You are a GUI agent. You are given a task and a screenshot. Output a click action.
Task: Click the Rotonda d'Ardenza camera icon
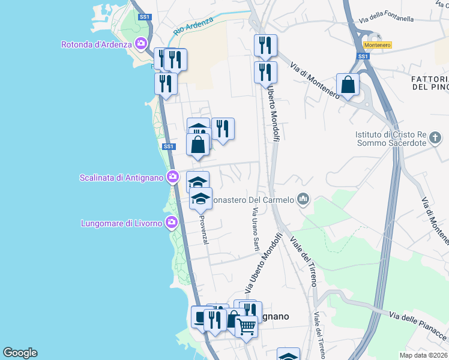pyautogui.click(x=142, y=43)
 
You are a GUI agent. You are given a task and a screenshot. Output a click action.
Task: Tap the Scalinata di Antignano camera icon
pyautogui.click(x=173, y=176)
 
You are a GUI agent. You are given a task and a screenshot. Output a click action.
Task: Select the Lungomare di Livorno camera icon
pyautogui.click(x=172, y=223)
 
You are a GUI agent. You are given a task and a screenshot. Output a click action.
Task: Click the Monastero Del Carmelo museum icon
pyautogui.click(x=303, y=199)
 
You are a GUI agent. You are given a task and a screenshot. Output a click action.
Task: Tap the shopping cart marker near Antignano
pyautogui.click(x=246, y=328)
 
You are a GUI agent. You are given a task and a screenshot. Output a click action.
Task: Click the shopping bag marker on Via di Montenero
pyautogui.click(x=348, y=85)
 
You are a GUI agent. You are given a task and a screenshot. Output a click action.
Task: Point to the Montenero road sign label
pyautogui.click(x=378, y=45)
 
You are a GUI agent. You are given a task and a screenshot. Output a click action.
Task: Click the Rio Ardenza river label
pyautogui.click(x=193, y=25)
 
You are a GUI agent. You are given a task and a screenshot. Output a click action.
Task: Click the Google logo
pyautogui.click(x=20, y=352)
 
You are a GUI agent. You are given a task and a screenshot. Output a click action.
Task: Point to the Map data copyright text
pyautogui.click(x=424, y=355)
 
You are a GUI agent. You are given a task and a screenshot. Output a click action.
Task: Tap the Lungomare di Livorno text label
pyautogui.click(x=121, y=224)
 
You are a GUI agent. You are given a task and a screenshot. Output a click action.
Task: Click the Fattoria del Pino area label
pyautogui.click(x=430, y=83)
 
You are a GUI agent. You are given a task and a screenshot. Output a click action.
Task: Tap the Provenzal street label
pyautogui.click(x=204, y=230)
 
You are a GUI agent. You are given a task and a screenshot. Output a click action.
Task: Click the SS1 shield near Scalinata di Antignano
pyautogui.click(x=168, y=146)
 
